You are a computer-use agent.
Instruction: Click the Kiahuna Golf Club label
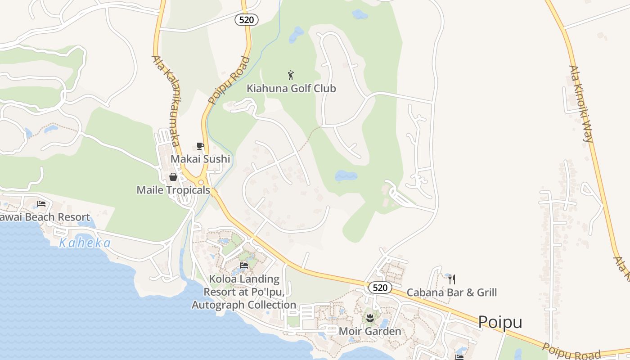291,88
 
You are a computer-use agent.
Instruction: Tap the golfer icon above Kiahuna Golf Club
291,75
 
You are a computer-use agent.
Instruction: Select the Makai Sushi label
200,159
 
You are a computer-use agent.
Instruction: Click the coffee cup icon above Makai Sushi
200,146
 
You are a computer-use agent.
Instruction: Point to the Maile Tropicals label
173,190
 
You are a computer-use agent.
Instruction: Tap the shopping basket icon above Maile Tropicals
173,177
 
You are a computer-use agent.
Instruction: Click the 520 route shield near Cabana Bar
380,288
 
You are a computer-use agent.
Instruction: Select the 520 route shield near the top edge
247,19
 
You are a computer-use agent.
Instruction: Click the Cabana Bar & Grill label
452,292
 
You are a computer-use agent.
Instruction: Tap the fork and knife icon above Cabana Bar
452,279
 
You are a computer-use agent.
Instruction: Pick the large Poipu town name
500,322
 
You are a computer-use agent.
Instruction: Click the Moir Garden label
370,332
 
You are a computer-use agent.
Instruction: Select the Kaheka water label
85,243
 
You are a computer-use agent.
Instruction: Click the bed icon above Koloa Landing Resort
244,265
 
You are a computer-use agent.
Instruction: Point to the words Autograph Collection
244,305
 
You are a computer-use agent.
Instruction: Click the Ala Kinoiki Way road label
581,103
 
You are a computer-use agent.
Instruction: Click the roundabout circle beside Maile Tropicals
201,182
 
